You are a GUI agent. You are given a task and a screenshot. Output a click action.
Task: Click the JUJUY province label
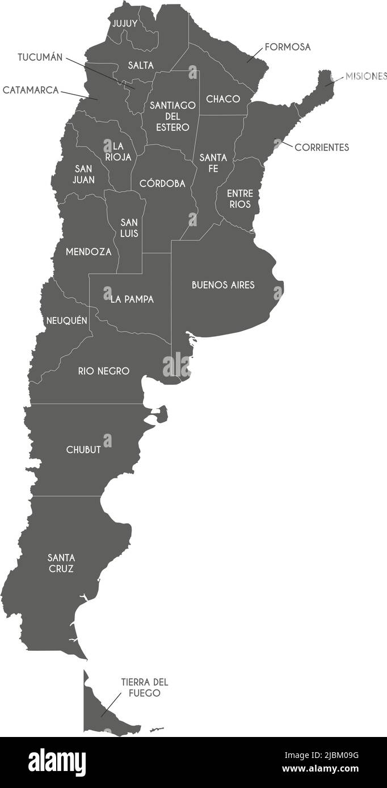point(124,23)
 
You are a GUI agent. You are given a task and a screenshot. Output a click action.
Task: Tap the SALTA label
point(141,65)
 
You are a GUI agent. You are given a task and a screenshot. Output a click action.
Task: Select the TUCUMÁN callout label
point(40,57)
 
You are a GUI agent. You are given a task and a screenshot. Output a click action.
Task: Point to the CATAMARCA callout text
point(31,90)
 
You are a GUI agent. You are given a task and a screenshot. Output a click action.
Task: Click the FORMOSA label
point(288,47)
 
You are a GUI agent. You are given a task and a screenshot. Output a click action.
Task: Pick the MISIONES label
point(366,77)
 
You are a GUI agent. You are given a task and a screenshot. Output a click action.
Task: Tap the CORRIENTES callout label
point(322,147)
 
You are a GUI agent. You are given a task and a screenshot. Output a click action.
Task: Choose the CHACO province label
point(223,99)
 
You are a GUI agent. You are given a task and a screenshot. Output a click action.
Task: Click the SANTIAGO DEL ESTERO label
point(173,116)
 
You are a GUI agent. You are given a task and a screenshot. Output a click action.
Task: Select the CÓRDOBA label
point(162,184)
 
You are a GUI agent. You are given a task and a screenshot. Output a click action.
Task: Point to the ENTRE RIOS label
point(240,199)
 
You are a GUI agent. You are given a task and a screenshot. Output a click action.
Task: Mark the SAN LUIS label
point(129,228)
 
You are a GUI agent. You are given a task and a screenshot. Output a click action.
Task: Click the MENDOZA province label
point(89,252)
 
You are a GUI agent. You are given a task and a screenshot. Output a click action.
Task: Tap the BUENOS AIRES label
point(223,285)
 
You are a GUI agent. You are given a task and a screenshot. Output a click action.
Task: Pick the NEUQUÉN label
point(67,321)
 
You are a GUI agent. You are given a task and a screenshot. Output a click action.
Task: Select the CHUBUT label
point(83,450)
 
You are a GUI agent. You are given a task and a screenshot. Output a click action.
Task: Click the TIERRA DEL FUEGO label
point(144,688)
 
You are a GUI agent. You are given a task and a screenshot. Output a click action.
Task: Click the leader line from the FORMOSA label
point(255,54)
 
